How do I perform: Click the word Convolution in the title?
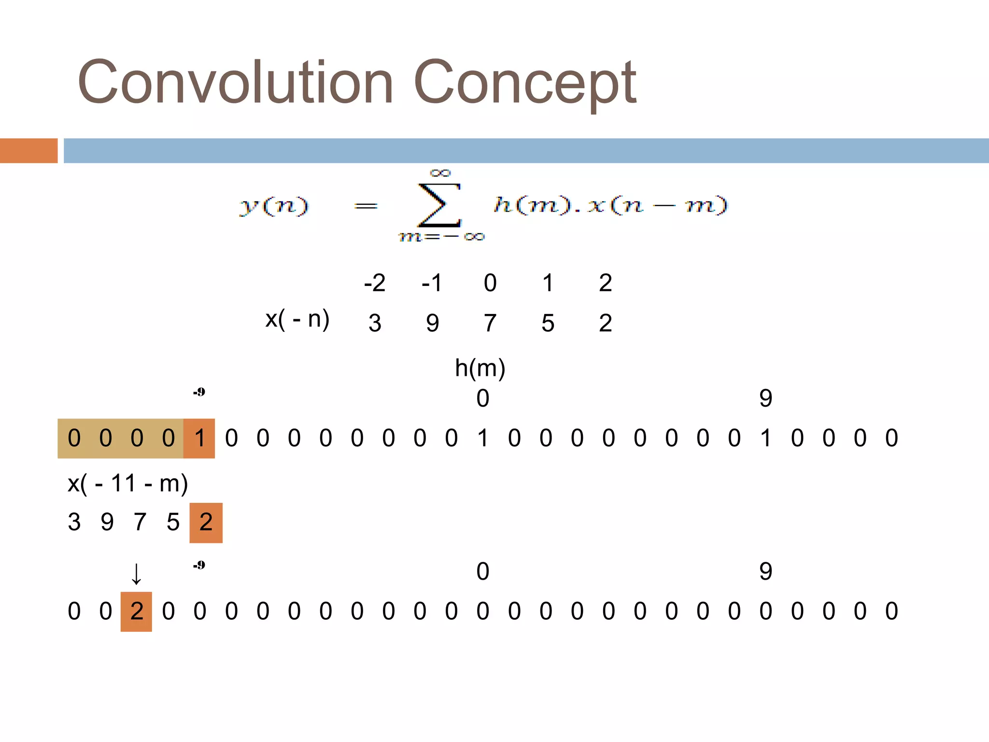(235, 82)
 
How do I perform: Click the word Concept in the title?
(525, 82)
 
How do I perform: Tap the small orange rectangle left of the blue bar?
(28, 151)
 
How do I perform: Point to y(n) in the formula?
(274, 206)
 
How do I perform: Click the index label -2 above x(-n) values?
(375, 283)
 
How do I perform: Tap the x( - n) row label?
(297, 319)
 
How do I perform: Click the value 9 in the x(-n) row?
(432, 323)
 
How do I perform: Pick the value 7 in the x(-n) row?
(490, 323)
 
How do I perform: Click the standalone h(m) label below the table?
(480, 368)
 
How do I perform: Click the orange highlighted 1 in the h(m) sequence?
(199, 438)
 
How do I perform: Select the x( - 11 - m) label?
(127, 483)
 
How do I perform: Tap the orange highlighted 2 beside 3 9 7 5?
(206, 522)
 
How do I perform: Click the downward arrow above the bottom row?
(137, 574)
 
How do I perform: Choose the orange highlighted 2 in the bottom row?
(137, 611)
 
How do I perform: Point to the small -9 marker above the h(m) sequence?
(199, 392)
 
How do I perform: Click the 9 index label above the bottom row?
(765, 571)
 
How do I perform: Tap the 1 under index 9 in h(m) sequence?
(765, 438)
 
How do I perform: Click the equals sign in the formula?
(366, 207)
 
